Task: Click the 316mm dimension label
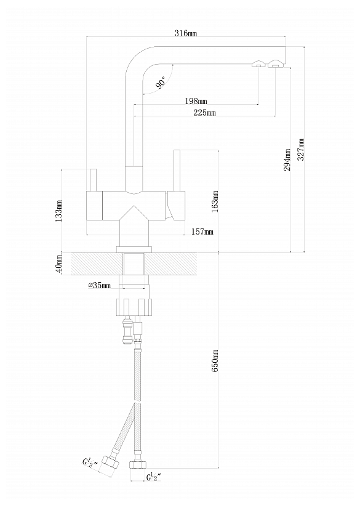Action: click(186, 33)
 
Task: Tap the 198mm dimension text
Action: click(196, 101)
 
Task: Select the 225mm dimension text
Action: click(204, 113)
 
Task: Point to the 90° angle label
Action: click(161, 82)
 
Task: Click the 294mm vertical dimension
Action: click(287, 160)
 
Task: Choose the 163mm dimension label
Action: click(215, 201)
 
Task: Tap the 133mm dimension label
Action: click(58, 211)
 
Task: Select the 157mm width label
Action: click(202, 232)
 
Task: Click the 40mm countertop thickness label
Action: click(58, 264)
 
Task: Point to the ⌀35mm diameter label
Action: click(100, 285)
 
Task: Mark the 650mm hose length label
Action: click(215, 361)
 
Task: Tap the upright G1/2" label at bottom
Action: click(154, 477)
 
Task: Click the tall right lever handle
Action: click(176, 170)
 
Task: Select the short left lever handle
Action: click(93, 180)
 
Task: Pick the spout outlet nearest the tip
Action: click(275, 63)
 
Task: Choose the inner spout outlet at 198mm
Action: click(258, 64)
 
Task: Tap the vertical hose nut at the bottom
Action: click(138, 464)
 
